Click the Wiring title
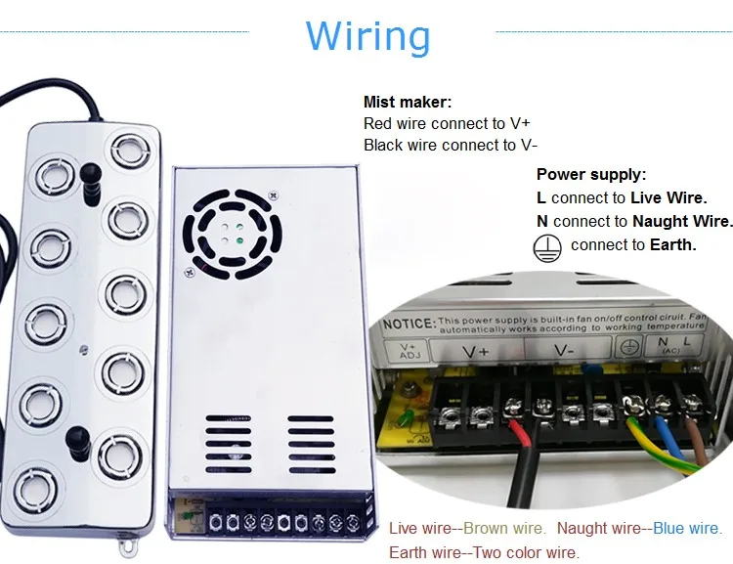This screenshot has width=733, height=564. (367, 36)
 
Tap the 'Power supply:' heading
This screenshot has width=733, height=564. (591, 175)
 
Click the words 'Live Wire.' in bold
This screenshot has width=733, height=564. (670, 198)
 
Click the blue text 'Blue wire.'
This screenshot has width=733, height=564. (687, 529)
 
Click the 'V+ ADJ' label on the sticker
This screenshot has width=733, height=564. (410, 350)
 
